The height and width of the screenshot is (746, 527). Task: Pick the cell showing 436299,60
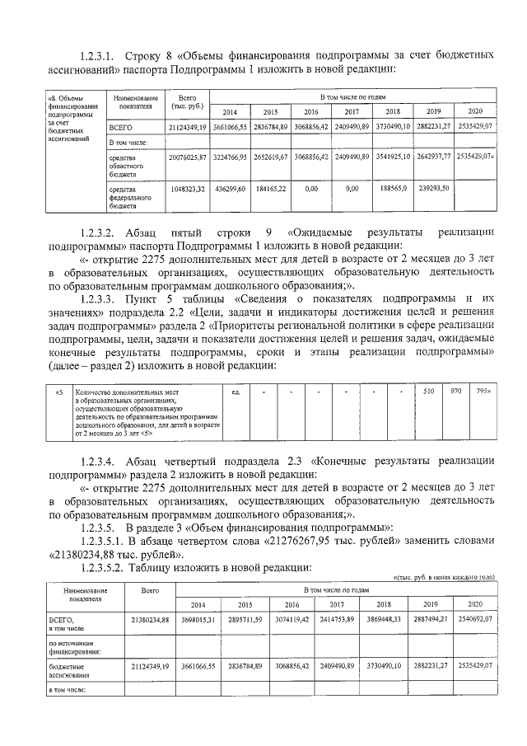[230, 189]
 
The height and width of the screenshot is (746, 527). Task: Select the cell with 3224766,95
[230, 156]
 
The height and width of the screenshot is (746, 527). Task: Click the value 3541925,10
[393, 156]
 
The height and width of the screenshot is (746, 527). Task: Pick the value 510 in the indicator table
[428, 391]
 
